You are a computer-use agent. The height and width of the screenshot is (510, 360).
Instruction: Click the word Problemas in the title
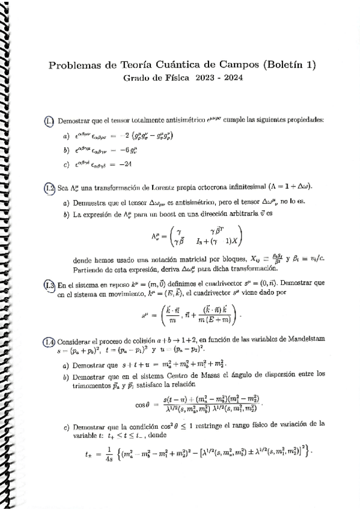(x=75, y=65)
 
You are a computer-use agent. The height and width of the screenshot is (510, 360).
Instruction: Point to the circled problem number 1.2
(x=50, y=188)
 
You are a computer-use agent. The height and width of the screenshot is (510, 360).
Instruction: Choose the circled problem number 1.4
(x=50, y=341)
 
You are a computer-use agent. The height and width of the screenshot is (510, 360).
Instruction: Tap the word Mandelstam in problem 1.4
(x=305, y=341)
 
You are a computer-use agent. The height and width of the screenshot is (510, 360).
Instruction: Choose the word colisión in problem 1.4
(x=139, y=341)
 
